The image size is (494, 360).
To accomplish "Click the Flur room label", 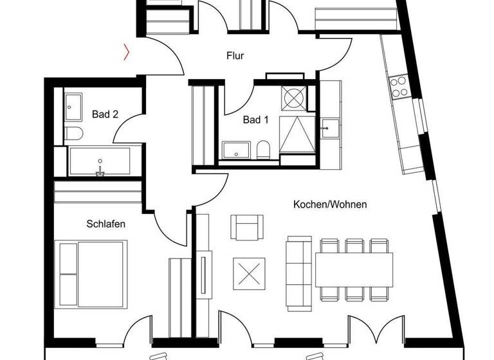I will click(235, 57).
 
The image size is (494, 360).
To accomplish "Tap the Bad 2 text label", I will click(105, 115).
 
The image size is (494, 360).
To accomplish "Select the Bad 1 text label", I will click(255, 120).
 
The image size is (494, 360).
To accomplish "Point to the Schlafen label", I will click(105, 224).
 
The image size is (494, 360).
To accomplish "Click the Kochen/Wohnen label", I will click(330, 205).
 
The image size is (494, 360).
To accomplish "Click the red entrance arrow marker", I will click(127, 51).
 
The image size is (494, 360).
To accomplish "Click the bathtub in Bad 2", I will click(100, 161).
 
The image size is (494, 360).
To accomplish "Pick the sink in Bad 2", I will click(72, 106).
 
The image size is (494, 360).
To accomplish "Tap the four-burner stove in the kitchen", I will click(399, 86).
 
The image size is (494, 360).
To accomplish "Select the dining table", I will click(353, 269).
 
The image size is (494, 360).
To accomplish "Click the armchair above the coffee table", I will click(248, 227).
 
